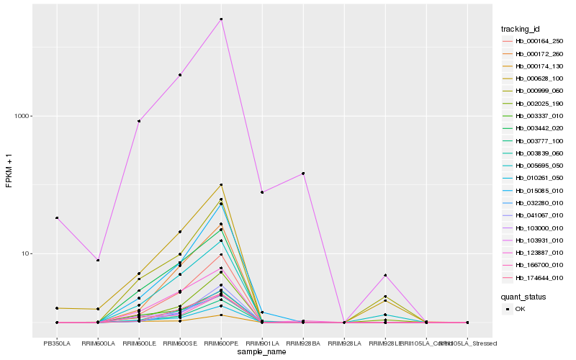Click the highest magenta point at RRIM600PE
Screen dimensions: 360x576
click(x=221, y=19)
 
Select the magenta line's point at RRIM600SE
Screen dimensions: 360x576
click(x=180, y=75)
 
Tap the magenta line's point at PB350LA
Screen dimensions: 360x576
click(x=57, y=218)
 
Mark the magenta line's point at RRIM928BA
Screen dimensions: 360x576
click(x=303, y=174)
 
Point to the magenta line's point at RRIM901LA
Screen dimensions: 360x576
click(x=262, y=192)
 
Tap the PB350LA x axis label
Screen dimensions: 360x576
click(x=57, y=343)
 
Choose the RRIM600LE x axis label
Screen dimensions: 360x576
click(x=139, y=343)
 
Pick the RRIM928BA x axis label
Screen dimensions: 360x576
click(x=303, y=343)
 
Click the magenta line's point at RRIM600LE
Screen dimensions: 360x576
click(x=139, y=121)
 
